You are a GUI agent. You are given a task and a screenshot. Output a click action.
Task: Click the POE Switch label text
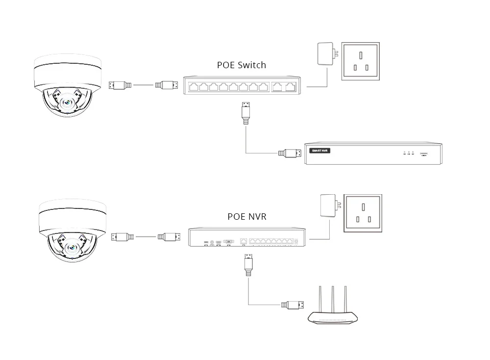[x=242, y=65]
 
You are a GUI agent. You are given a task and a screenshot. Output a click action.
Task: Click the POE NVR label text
[x=247, y=216]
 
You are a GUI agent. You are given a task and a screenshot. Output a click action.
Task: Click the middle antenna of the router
[x=333, y=297]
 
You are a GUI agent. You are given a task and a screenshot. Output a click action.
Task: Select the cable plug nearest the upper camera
[x=120, y=85]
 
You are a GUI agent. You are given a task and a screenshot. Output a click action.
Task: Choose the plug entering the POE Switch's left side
[x=166, y=85]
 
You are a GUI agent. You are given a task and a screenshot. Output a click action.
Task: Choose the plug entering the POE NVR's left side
[x=169, y=237]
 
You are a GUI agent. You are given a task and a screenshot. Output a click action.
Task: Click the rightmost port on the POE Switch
[x=291, y=87]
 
